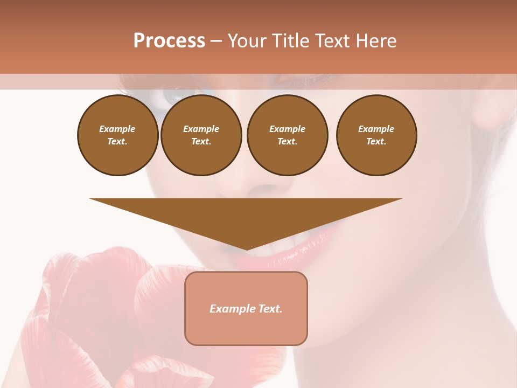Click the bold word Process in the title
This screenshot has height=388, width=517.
coord(169,41)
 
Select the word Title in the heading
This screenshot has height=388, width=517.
coord(290,41)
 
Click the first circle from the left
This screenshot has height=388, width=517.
coord(117,135)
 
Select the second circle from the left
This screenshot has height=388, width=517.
coord(201,135)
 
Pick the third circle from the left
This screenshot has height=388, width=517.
coord(287,135)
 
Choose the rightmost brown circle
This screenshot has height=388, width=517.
coord(376,135)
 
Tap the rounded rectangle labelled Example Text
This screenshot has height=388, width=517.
coord(246,308)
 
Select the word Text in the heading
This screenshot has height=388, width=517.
coord(333,41)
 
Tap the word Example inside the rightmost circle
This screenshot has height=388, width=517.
coord(376,129)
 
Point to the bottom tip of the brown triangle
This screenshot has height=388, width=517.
coord(247,249)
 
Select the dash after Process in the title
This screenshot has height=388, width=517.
coord(216,41)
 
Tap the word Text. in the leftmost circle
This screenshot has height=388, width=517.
coord(117,142)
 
